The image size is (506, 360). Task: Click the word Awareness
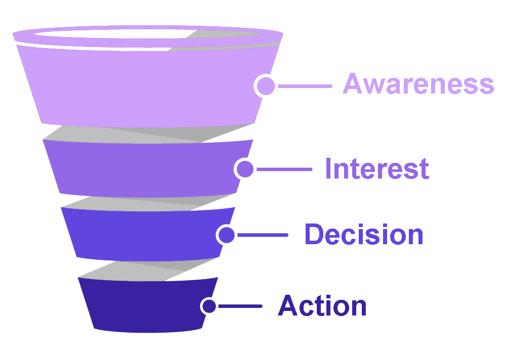point(418,84)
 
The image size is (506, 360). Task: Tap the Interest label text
point(377,168)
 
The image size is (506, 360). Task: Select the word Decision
point(363,235)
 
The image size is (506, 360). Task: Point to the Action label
point(322,306)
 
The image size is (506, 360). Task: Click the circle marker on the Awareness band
point(266,86)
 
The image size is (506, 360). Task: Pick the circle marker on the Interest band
point(245,169)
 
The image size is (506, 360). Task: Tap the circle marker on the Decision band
point(226,235)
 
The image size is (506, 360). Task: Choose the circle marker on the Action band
point(209,306)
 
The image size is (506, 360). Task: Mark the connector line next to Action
point(240,306)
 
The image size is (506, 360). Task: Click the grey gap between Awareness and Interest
point(147,134)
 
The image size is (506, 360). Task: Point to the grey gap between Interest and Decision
point(147,202)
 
